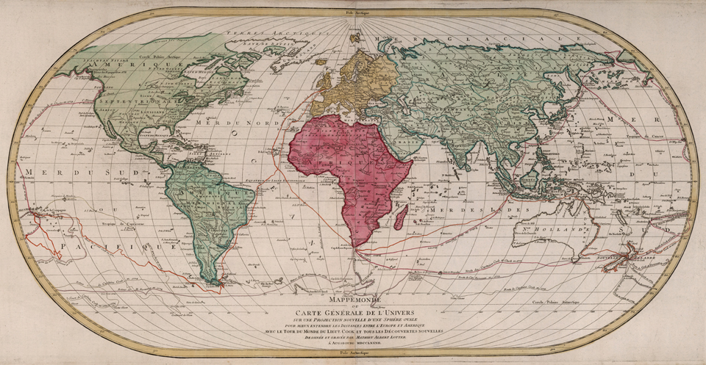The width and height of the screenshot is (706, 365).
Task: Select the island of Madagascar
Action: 401,217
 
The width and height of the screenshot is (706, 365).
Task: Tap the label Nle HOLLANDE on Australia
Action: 569,227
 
